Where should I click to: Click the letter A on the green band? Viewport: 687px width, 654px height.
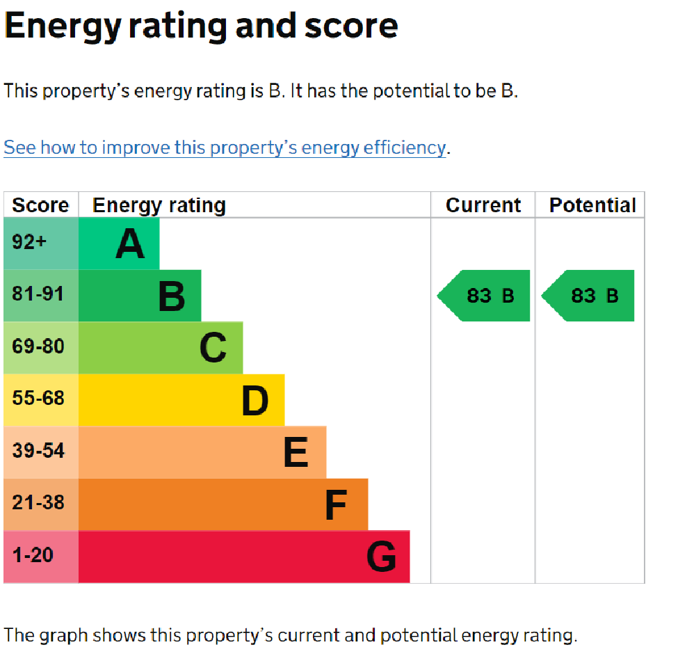(x=130, y=244)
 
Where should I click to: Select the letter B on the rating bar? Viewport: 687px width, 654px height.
(x=172, y=296)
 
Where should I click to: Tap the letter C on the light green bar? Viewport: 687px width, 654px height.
(x=213, y=348)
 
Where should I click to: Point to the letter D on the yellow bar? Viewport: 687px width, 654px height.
(x=255, y=400)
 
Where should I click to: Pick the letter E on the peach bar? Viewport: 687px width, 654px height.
(x=296, y=452)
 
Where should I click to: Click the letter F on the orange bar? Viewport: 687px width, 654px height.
(x=336, y=504)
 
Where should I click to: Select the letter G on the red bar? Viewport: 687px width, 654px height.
(x=381, y=557)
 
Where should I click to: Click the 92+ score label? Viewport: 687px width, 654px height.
(x=29, y=241)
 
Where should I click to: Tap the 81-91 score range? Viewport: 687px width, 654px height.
(x=38, y=294)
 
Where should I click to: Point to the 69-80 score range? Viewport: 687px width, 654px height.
(x=38, y=346)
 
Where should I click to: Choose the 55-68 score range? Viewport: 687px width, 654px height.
(x=38, y=398)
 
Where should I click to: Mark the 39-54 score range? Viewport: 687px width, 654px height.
(x=38, y=450)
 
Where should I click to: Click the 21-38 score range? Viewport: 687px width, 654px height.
(x=38, y=502)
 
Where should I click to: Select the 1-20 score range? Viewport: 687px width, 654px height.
(x=33, y=555)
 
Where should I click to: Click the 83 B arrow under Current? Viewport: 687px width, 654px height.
(x=484, y=296)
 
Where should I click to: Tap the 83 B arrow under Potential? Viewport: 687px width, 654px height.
(x=588, y=296)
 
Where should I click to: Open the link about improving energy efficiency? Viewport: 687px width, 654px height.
(x=225, y=147)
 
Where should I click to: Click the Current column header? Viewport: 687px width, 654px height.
(x=483, y=205)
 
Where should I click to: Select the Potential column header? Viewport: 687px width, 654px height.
(x=592, y=205)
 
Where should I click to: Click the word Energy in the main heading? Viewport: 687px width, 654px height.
(x=63, y=26)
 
